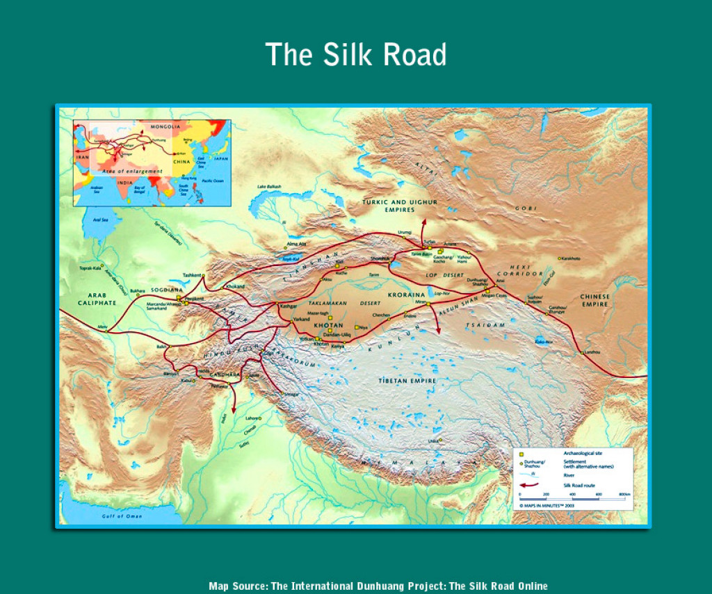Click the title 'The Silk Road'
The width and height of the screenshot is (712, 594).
click(x=355, y=54)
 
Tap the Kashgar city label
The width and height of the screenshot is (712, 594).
click(x=287, y=306)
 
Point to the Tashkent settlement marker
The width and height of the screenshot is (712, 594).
click(x=204, y=277)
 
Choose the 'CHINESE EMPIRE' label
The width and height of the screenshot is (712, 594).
click(x=594, y=300)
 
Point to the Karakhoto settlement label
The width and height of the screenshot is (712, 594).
click(x=572, y=258)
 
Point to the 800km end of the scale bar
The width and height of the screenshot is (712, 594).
click(x=624, y=497)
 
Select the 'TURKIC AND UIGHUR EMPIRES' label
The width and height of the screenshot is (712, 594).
click(x=399, y=206)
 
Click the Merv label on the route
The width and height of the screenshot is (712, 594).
click(x=103, y=325)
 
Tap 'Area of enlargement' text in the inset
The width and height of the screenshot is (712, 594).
click(x=132, y=171)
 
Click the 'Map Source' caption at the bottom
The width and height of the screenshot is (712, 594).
click(x=378, y=586)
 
